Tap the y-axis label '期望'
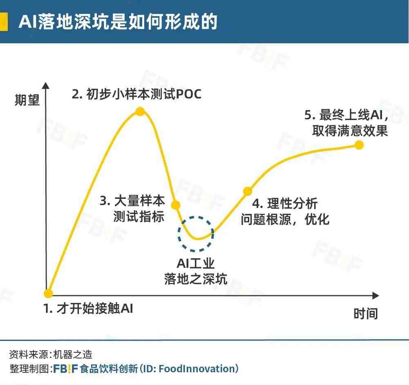(x=27, y=100)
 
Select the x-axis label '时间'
(x=366, y=314)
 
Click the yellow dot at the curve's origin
(x=48, y=293)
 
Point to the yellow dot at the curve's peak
(x=140, y=111)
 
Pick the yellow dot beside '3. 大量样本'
(x=176, y=205)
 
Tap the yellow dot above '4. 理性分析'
(x=248, y=191)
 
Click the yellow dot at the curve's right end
(x=359, y=145)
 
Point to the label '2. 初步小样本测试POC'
(x=136, y=94)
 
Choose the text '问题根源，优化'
(x=285, y=219)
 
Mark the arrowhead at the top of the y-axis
(x=46, y=85)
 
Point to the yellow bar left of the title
(x=3, y=21)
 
